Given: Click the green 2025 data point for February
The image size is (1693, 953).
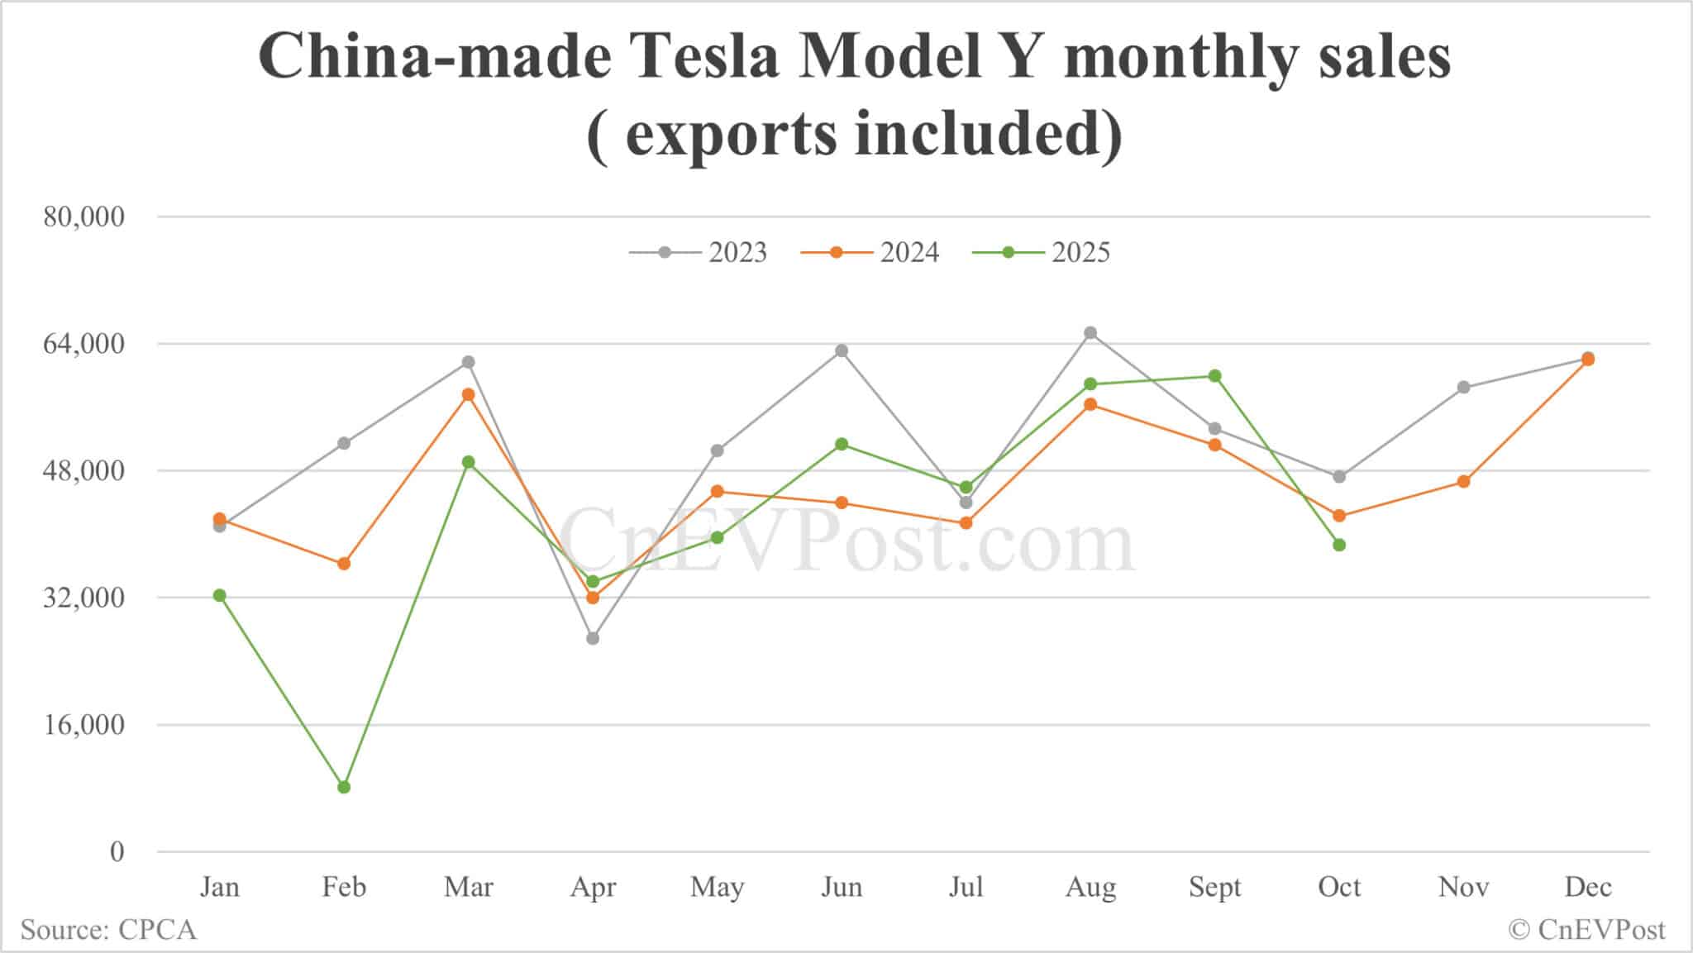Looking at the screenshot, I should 344,787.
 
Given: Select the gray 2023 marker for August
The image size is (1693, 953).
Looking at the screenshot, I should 1090,333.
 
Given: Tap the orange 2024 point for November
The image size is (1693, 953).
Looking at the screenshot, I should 1463,482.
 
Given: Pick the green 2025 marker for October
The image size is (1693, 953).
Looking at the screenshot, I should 1339,545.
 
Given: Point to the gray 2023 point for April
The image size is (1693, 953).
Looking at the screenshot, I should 593,638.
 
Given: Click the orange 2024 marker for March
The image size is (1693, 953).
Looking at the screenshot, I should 469,394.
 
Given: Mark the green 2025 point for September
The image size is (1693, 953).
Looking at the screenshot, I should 1214,376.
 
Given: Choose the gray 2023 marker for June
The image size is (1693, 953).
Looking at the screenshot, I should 842,350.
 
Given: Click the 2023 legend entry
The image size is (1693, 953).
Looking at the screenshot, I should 699,252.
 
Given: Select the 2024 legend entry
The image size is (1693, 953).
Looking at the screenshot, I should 870,252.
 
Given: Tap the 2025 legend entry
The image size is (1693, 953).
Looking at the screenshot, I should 1042,252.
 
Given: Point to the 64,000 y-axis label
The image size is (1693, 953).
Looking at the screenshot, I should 83,344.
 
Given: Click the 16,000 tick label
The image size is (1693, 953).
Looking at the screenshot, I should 83,725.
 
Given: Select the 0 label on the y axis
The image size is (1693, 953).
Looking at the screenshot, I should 117,851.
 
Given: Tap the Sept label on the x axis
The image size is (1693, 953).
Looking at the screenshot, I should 1214,887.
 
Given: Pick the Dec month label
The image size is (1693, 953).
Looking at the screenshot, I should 1588,887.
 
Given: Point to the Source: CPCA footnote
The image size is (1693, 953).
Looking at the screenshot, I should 108,930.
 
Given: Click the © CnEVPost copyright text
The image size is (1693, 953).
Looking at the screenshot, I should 1586,930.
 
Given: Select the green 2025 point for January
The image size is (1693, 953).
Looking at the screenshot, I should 219,595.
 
